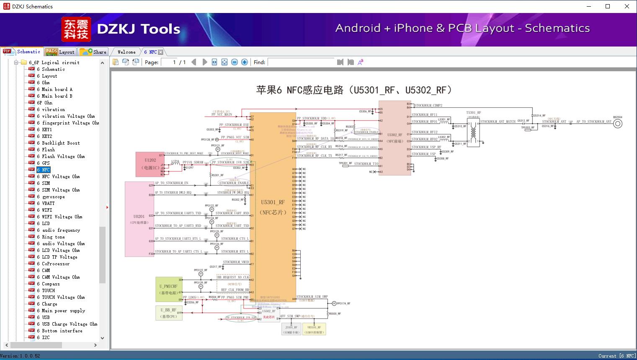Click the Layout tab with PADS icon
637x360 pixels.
(60, 52)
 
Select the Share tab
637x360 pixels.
(93, 52)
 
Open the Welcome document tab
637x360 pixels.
(126, 52)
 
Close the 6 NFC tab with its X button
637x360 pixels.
(160, 52)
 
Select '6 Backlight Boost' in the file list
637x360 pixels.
(61, 143)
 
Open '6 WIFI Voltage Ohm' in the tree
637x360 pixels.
(62, 217)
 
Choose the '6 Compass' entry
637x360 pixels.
(51, 284)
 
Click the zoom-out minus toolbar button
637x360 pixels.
(235, 62)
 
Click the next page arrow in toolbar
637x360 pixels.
(204, 62)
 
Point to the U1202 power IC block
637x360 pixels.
(150, 164)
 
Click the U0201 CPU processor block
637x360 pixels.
(139, 219)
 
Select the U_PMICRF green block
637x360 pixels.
(169, 289)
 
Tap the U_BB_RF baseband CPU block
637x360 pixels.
(168, 313)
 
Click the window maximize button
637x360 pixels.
(608, 6)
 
